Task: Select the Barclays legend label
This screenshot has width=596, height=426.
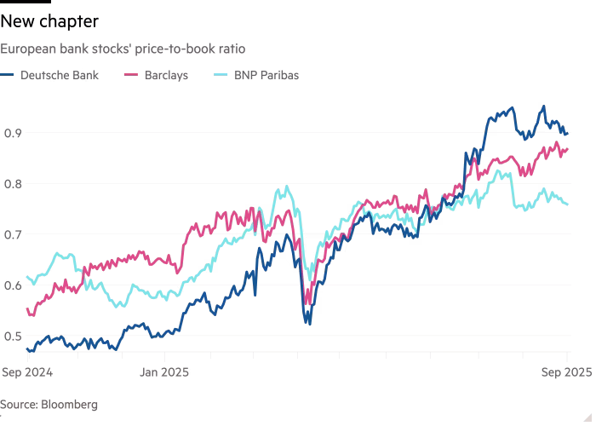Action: tap(167, 75)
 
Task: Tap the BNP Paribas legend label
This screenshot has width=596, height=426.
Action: tap(266, 75)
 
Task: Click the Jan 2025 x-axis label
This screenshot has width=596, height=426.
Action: tap(165, 371)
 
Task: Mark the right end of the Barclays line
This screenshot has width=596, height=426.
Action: tap(569, 149)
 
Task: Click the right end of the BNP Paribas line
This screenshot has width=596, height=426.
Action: tap(569, 204)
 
